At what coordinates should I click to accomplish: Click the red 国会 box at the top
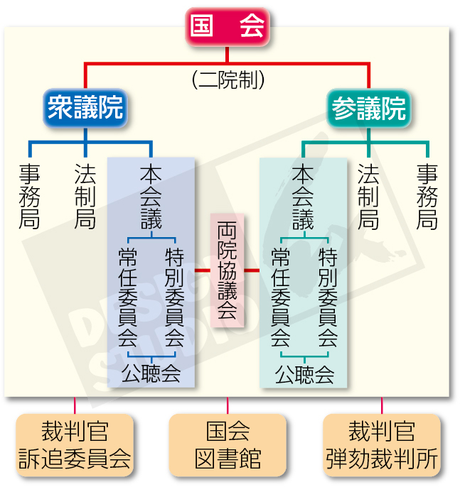pyautogui.click(x=228, y=27)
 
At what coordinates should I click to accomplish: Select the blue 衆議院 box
pyautogui.click(x=85, y=108)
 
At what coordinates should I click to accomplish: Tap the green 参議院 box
pyautogui.click(x=369, y=109)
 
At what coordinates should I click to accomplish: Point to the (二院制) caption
pyautogui.click(x=228, y=80)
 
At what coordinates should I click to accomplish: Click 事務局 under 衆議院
pyautogui.click(x=29, y=197)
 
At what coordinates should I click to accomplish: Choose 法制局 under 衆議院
pyautogui.click(x=85, y=197)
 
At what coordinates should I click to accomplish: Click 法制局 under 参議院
pyautogui.click(x=368, y=197)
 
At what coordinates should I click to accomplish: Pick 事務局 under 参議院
pyautogui.click(x=427, y=197)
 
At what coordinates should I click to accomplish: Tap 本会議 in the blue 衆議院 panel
pyautogui.click(x=151, y=197)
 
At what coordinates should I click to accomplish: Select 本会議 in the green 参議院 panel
pyautogui.click(x=303, y=197)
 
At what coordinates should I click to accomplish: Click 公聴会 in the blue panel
pyautogui.click(x=151, y=372)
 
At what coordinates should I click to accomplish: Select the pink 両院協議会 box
pyautogui.click(x=227, y=270)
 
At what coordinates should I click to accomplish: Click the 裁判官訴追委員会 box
pyautogui.click(x=74, y=445)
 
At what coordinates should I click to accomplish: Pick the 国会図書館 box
pyautogui.click(x=228, y=445)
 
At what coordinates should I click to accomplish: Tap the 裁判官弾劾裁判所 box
pyautogui.click(x=382, y=445)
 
